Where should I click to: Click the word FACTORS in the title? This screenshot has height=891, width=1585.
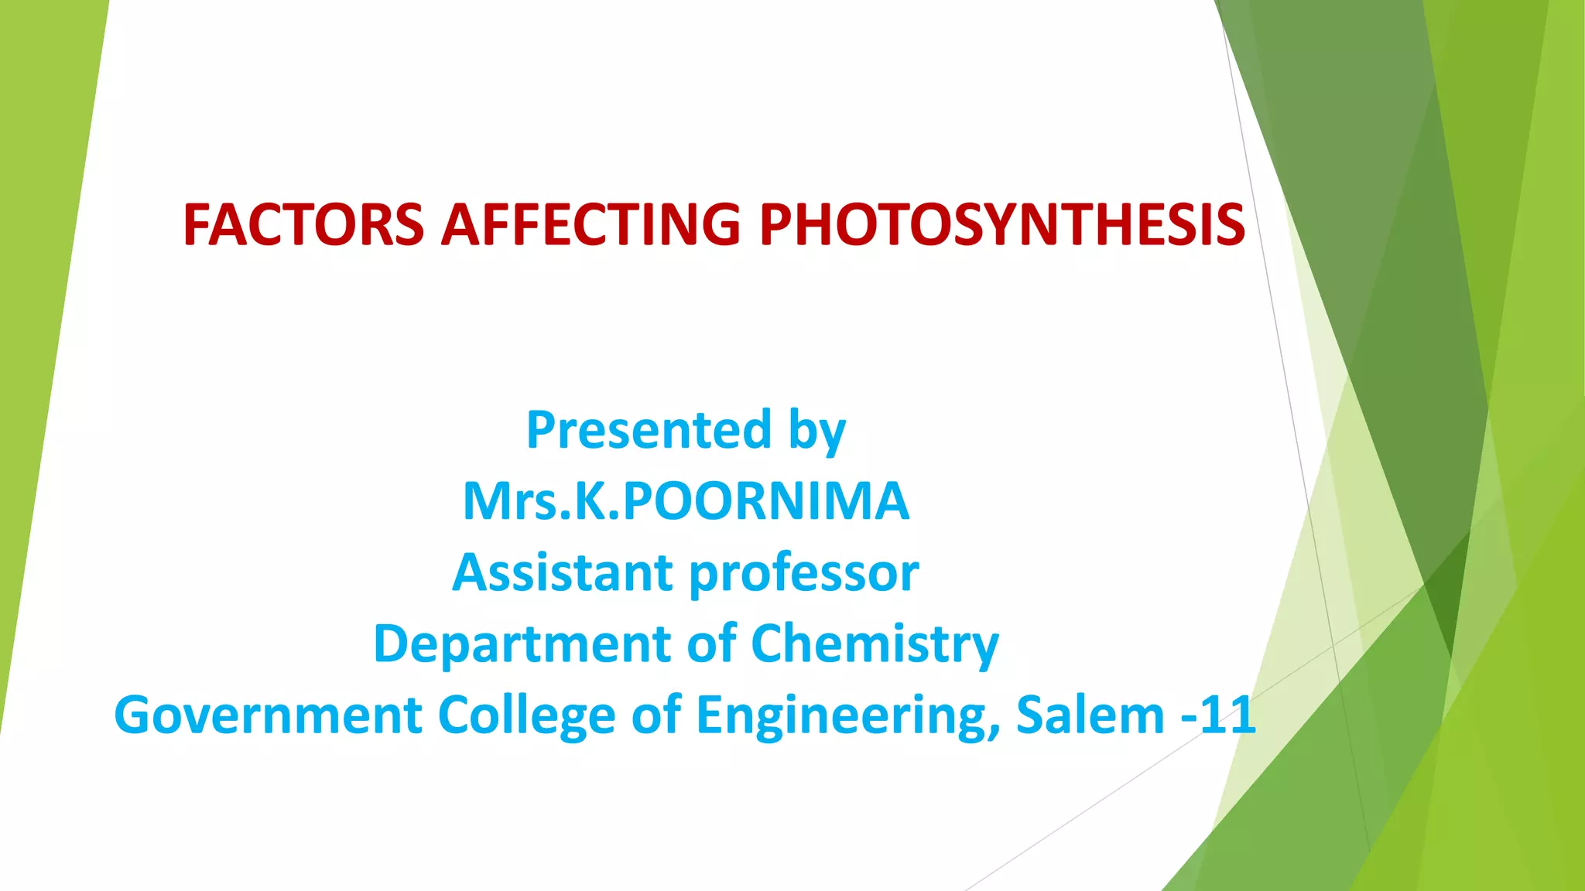(303, 225)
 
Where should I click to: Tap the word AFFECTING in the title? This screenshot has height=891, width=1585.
(591, 225)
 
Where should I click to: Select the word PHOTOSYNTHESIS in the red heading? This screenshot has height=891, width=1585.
(1002, 225)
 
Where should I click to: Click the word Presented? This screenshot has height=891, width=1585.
(649, 430)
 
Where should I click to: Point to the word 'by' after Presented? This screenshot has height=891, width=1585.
(816, 432)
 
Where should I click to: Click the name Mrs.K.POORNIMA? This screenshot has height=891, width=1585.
(686, 501)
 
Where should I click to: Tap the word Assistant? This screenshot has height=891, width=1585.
(563, 573)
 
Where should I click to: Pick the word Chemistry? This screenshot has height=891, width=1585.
(875, 644)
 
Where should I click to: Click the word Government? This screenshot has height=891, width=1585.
(268, 715)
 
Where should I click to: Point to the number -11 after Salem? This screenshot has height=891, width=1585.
(1218, 715)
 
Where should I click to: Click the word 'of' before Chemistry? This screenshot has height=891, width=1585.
(711, 643)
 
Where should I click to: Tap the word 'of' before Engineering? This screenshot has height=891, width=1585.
(656, 715)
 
